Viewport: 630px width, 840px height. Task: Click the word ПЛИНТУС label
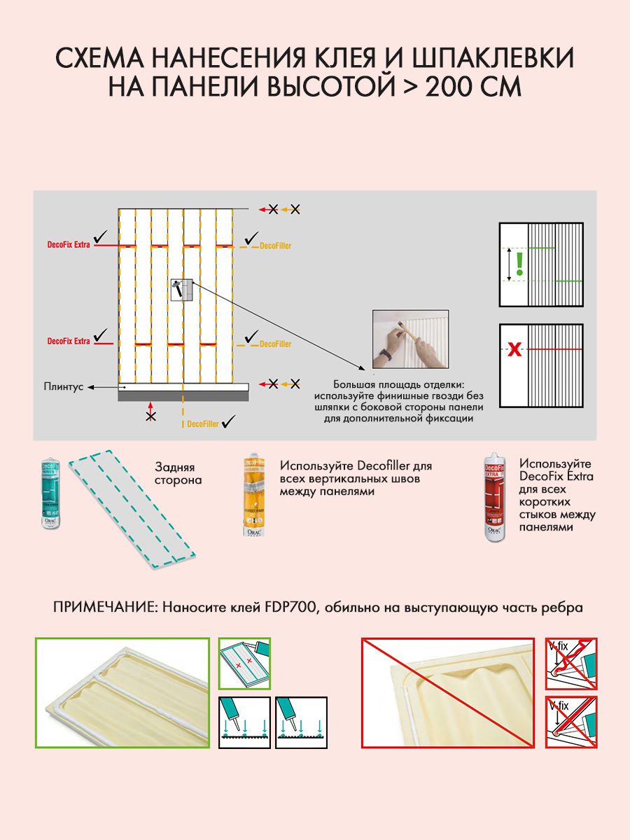pyautogui.click(x=64, y=386)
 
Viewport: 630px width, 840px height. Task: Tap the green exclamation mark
pyautogui.click(x=519, y=263)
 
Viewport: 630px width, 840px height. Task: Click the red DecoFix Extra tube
pyautogui.click(x=496, y=500)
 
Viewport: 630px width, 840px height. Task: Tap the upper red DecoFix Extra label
pyautogui.click(x=69, y=245)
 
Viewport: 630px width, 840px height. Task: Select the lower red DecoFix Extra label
pyautogui.click(x=69, y=341)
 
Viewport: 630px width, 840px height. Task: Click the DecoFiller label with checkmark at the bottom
pyautogui.click(x=203, y=424)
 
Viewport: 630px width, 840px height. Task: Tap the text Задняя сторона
pyautogui.click(x=178, y=473)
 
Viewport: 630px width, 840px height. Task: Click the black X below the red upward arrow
pyautogui.click(x=150, y=416)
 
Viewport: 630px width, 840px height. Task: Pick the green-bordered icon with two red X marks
pyautogui.click(x=244, y=662)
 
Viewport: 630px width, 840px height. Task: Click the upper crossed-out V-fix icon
pyautogui.click(x=570, y=662)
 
